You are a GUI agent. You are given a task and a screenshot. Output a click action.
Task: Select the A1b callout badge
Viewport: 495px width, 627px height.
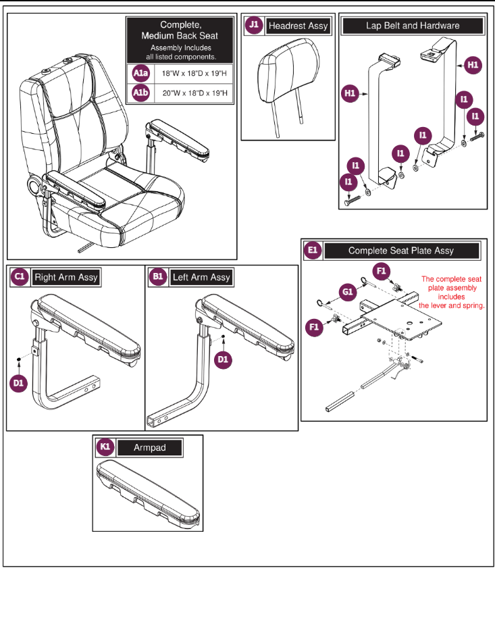140,93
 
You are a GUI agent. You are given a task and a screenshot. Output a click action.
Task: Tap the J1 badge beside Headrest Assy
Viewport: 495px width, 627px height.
254,26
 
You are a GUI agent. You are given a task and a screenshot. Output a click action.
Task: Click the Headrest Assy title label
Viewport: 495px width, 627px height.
298,26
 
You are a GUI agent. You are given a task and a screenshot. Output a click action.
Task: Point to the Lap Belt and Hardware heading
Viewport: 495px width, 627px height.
413,26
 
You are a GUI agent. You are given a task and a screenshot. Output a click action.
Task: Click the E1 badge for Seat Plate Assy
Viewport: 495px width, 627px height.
313,251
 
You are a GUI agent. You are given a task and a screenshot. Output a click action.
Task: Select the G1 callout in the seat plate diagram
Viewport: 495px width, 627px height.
348,293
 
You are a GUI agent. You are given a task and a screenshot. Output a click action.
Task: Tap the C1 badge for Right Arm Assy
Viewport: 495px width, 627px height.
20,277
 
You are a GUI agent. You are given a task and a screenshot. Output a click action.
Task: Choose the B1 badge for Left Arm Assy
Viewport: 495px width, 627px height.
159,277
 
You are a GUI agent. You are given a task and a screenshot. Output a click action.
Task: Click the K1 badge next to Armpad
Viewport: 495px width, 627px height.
105,447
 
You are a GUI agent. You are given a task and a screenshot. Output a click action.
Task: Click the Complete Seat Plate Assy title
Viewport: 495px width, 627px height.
400,251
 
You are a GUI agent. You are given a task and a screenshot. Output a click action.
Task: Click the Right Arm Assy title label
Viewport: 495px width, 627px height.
66,277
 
